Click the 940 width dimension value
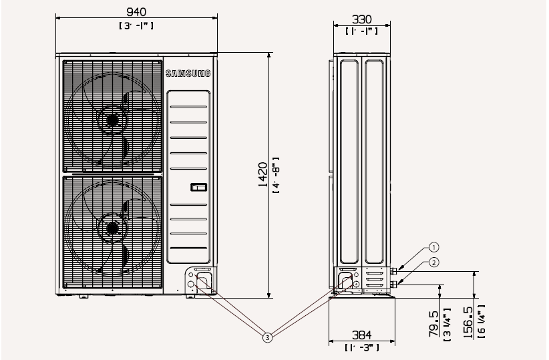pos(136,12)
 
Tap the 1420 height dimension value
pos(263,174)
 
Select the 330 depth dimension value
pos(362,19)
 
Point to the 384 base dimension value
pos(362,335)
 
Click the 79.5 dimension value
pos(433,324)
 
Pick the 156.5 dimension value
pos(468,322)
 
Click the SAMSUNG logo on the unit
pos(188,73)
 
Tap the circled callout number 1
pos(434,248)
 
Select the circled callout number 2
pos(434,262)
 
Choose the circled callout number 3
pos(267,337)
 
